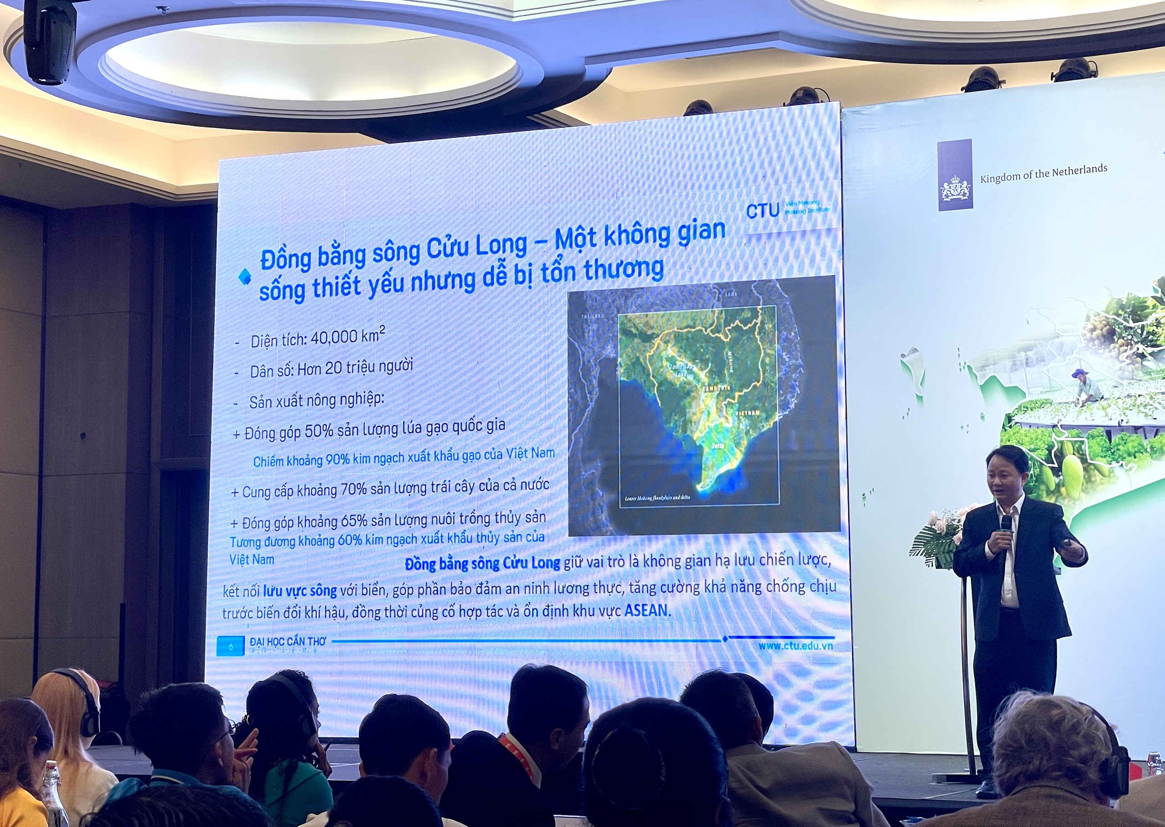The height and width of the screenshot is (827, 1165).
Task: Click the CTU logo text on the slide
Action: tap(762, 210)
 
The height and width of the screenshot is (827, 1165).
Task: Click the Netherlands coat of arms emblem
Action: tap(955, 189)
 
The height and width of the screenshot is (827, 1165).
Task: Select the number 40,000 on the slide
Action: tap(334, 337)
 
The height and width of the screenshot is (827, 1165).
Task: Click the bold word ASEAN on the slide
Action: tap(646, 610)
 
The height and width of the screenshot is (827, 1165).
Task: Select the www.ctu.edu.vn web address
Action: tap(795, 645)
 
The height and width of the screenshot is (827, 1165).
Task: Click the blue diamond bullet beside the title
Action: tap(245, 277)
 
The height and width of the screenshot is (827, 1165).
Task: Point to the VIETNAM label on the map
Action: tap(747, 413)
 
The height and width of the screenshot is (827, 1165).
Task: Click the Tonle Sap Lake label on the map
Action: tap(680, 369)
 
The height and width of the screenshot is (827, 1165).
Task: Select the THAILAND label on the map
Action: tap(593, 316)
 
